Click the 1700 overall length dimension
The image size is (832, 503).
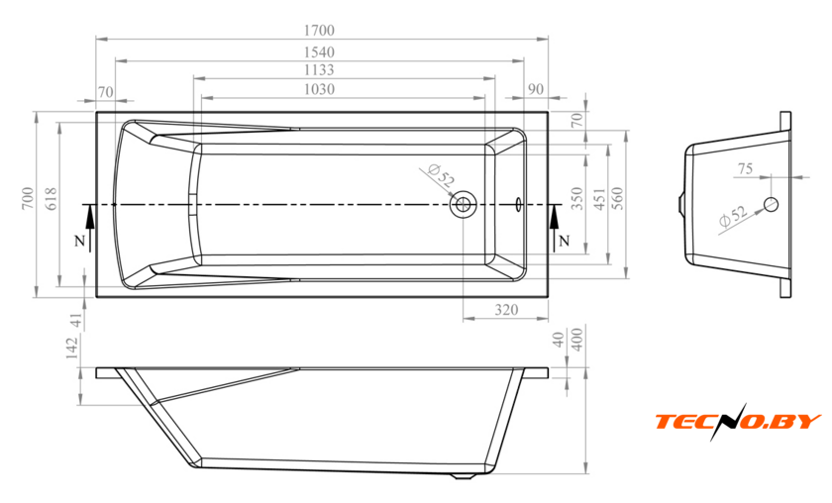pyautogui.click(x=319, y=31)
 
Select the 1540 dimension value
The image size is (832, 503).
pyautogui.click(x=319, y=52)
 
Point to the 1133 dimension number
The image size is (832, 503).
pyautogui.click(x=319, y=70)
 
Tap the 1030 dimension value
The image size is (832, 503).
pyautogui.click(x=319, y=89)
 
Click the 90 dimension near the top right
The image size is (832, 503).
pyautogui.click(x=536, y=89)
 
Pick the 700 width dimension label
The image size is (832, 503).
pyautogui.click(x=28, y=198)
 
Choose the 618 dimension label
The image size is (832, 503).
pyautogui.click(x=52, y=198)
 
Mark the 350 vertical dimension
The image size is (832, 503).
pyautogui.click(x=577, y=198)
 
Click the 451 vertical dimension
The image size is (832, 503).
pyautogui.click(x=599, y=198)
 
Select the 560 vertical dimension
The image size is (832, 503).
pyautogui.click(x=618, y=198)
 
